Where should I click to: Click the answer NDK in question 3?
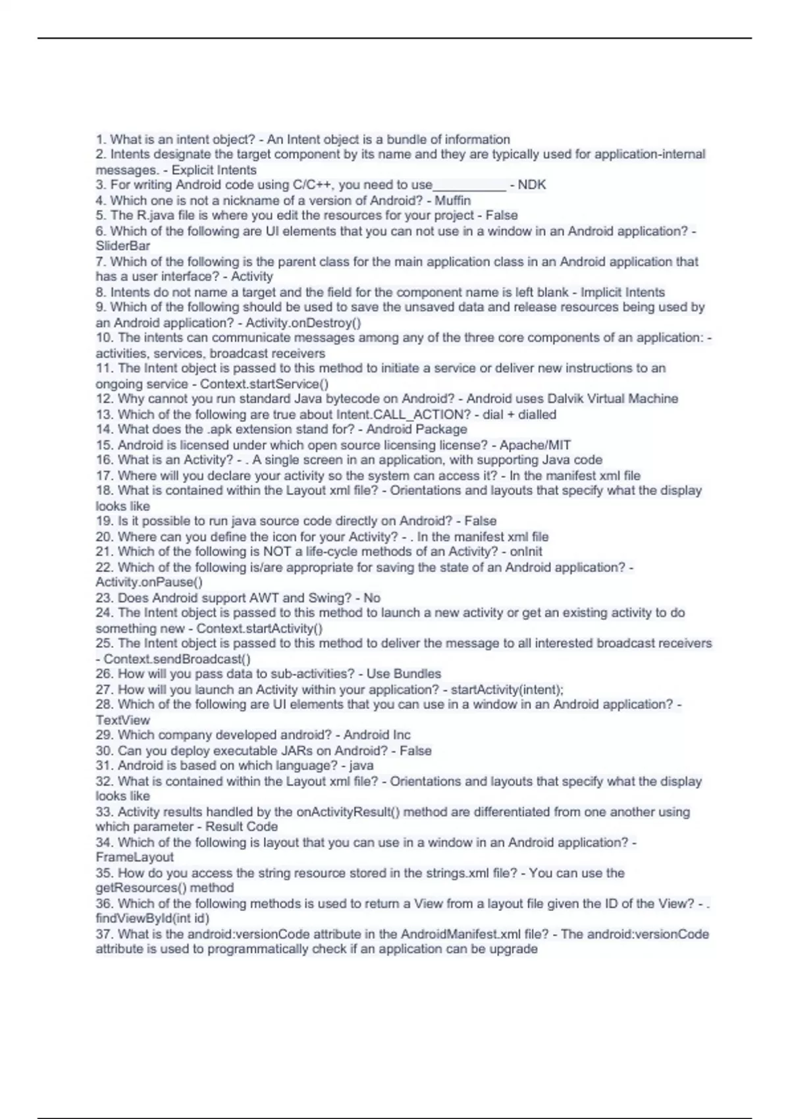[532, 185]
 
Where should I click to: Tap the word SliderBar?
[123, 246]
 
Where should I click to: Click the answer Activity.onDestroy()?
[303, 323]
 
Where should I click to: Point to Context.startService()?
[264, 384]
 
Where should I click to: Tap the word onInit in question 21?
[526, 552]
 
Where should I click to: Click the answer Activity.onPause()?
[149, 582]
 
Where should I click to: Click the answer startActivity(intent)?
[507, 689]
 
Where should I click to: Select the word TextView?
[122, 720]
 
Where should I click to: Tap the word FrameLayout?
[134, 857]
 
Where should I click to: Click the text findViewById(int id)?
[152, 918]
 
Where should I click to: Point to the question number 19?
[104, 521]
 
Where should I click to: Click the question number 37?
[104, 934]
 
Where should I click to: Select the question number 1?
[101, 140]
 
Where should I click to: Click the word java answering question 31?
[361, 766]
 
